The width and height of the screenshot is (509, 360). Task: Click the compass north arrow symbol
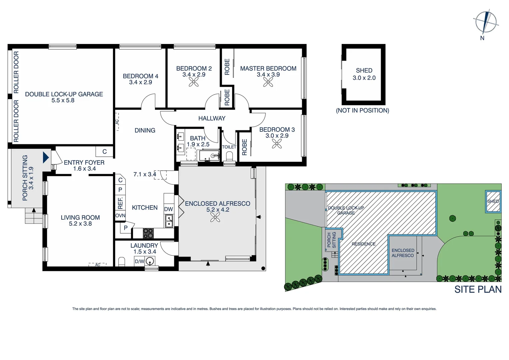tap(486, 22)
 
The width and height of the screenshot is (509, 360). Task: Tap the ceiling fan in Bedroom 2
tap(194, 82)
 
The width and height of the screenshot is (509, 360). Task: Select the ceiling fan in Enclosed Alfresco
tap(215, 217)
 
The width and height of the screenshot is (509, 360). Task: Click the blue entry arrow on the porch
tap(46, 157)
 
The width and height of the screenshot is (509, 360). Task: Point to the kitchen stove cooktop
tap(148, 233)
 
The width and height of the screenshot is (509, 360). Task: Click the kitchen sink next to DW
tap(169, 221)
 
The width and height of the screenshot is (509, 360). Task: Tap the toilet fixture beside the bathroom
tap(229, 156)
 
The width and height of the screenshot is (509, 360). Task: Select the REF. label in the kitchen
tap(120, 203)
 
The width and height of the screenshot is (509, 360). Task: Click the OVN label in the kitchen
tap(120, 216)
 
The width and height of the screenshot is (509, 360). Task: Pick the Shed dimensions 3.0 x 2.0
tap(364, 78)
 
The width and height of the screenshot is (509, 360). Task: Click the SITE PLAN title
tap(478, 289)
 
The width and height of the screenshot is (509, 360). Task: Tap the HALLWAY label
tap(212, 118)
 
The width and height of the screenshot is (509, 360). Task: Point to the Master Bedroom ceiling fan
tap(268, 82)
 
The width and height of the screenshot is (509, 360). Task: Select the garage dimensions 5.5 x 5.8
tap(63, 100)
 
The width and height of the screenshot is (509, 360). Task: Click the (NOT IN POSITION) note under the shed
tap(362, 110)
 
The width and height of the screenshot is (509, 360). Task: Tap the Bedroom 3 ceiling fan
tap(277, 143)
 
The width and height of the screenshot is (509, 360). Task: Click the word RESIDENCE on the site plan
tap(363, 244)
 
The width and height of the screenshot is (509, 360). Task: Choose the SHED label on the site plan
tap(493, 201)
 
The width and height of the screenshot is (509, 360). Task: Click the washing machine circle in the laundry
tap(151, 261)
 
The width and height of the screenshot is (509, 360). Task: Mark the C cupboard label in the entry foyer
tap(105, 152)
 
